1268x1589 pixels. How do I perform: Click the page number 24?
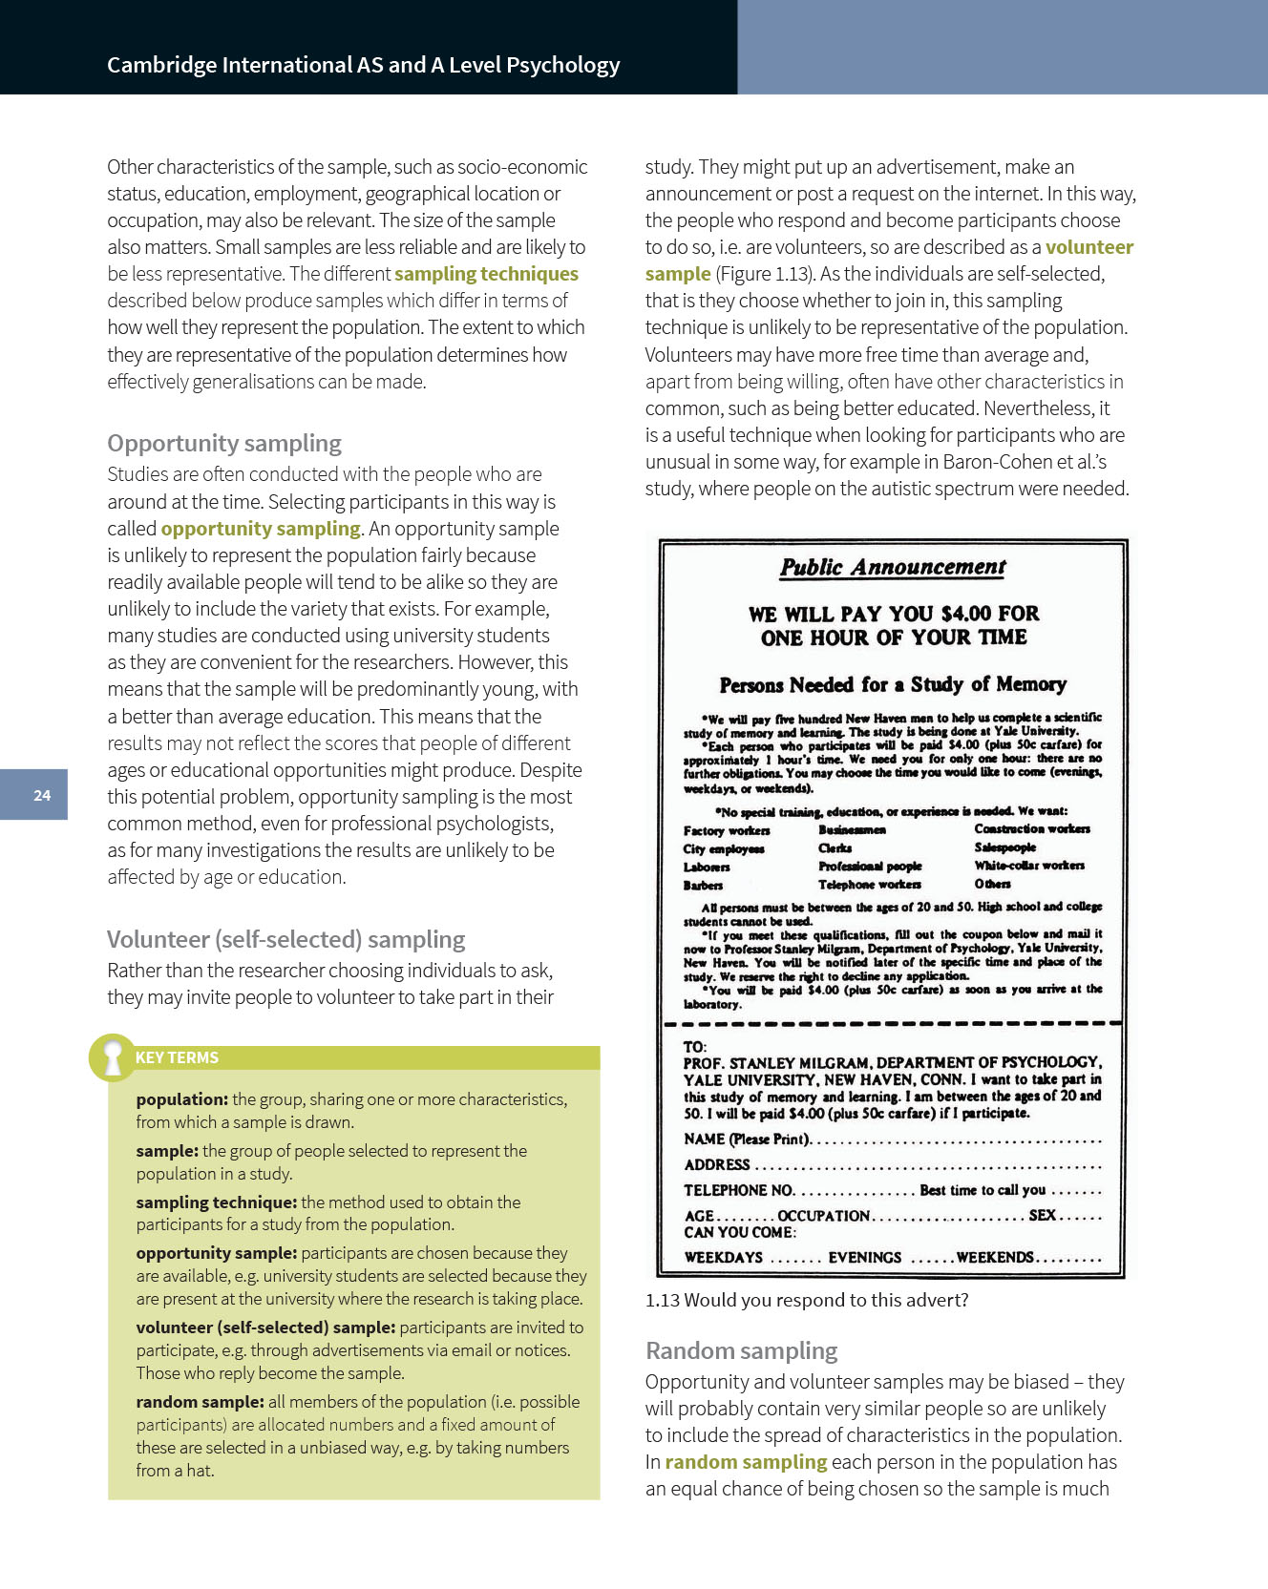pyautogui.click(x=42, y=795)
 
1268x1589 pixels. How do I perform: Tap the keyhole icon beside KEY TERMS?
pyautogui.click(x=113, y=1057)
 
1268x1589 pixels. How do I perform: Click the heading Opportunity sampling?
pyautogui.click(x=224, y=443)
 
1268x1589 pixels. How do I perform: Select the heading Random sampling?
pyautogui.click(x=741, y=1350)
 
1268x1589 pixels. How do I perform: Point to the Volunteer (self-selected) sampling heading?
pyautogui.click(x=285, y=939)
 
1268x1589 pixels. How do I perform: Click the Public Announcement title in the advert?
pyautogui.click(x=893, y=567)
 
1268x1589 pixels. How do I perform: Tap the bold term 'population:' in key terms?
pyautogui.click(x=181, y=1099)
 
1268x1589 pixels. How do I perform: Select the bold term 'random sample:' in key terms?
pyautogui.click(x=200, y=1402)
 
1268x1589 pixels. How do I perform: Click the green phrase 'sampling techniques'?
pyautogui.click(x=486, y=274)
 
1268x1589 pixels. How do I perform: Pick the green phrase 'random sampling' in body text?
pyautogui.click(x=746, y=1462)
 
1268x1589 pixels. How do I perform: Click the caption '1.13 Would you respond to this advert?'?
pyautogui.click(x=807, y=1300)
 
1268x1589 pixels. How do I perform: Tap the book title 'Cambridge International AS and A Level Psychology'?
pyautogui.click(x=363, y=65)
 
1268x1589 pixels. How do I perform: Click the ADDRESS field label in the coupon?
pyautogui.click(x=717, y=1164)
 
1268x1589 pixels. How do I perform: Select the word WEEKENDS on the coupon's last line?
pyautogui.click(x=995, y=1257)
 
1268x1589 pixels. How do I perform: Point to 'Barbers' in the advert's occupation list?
pyautogui.click(x=703, y=885)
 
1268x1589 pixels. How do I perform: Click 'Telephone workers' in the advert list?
pyautogui.click(x=869, y=884)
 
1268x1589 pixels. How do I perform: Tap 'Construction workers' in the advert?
pyautogui.click(x=1031, y=828)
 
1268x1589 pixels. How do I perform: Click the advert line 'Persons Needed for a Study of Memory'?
pyautogui.click(x=893, y=684)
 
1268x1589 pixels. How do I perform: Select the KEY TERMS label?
pyautogui.click(x=177, y=1057)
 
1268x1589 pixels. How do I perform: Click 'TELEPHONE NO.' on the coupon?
pyautogui.click(x=738, y=1190)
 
